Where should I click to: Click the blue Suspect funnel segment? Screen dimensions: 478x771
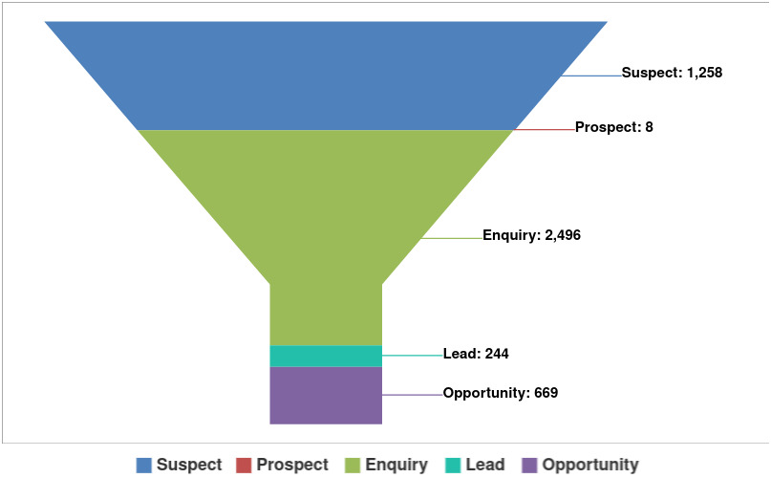pos(326,75)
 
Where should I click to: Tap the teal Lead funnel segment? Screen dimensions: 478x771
pos(326,356)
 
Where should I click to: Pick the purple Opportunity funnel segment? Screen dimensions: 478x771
pos(326,395)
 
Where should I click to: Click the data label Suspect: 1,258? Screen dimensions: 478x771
pos(672,73)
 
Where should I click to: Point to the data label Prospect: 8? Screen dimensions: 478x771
pos(614,127)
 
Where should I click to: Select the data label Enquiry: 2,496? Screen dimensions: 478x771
pos(531,235)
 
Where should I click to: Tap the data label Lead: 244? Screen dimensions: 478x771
pos(476,354)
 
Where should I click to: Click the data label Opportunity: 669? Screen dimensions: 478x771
pos(501,393)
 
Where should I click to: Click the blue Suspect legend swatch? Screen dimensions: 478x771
pos(144,466)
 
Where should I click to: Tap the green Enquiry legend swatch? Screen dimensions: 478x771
pos(351,466)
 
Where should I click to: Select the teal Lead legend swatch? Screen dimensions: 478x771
pos(453,466)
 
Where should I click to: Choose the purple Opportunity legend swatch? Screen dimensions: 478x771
pos(530,466)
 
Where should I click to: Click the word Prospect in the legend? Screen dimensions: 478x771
pos(292,465)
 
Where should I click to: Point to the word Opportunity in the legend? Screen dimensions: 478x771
pos(590,465)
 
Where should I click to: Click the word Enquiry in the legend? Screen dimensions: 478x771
pos(396,465)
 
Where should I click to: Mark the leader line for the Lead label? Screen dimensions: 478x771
pos(412,356)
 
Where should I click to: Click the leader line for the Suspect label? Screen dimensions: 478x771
pos(592,75)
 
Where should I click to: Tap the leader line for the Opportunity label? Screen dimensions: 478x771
pos(412,395)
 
